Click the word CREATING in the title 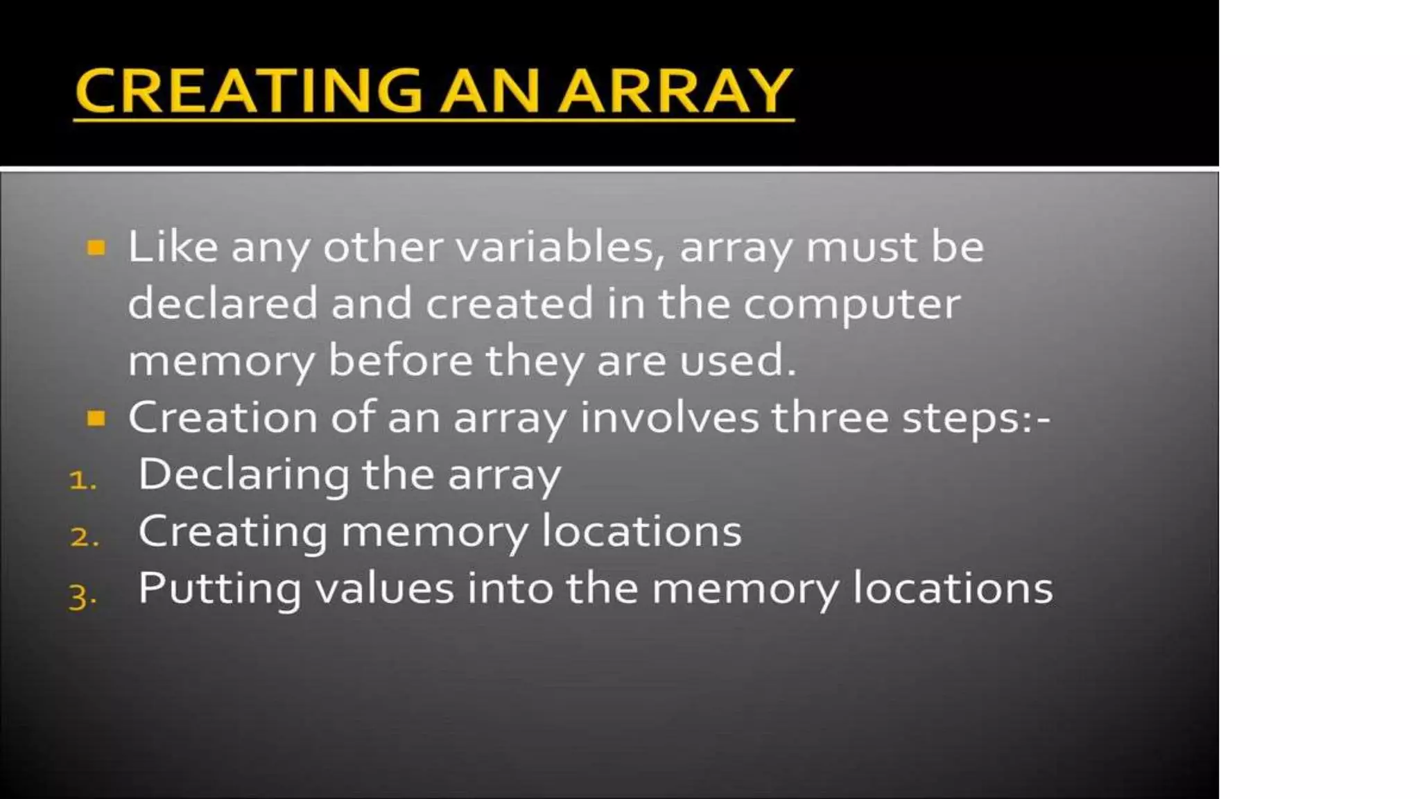(248, 90)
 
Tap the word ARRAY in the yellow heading (675, 90)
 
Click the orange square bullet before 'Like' (96, 248)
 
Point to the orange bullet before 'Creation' (96, 418)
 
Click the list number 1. (83, 480)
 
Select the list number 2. (84, 537)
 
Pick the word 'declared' (223, 304)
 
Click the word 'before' (400, 361)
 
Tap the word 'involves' (669, 418)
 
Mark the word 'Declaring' (243, 476)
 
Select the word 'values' (385, 588)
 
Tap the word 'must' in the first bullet (860, 247)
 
